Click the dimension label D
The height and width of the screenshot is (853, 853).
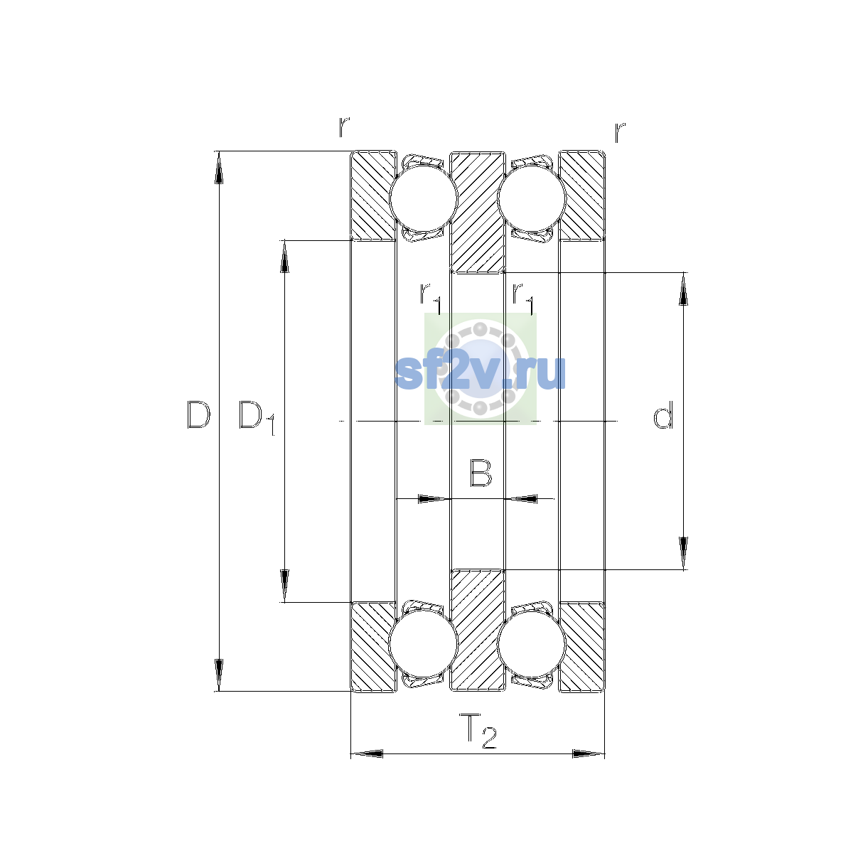pos(198,414)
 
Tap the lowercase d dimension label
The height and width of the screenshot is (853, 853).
pos(663,414)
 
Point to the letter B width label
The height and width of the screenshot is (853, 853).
pos(481,473)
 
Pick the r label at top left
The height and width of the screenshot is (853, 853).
pos(344,127)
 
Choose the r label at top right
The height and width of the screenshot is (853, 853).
pos(620,132)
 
